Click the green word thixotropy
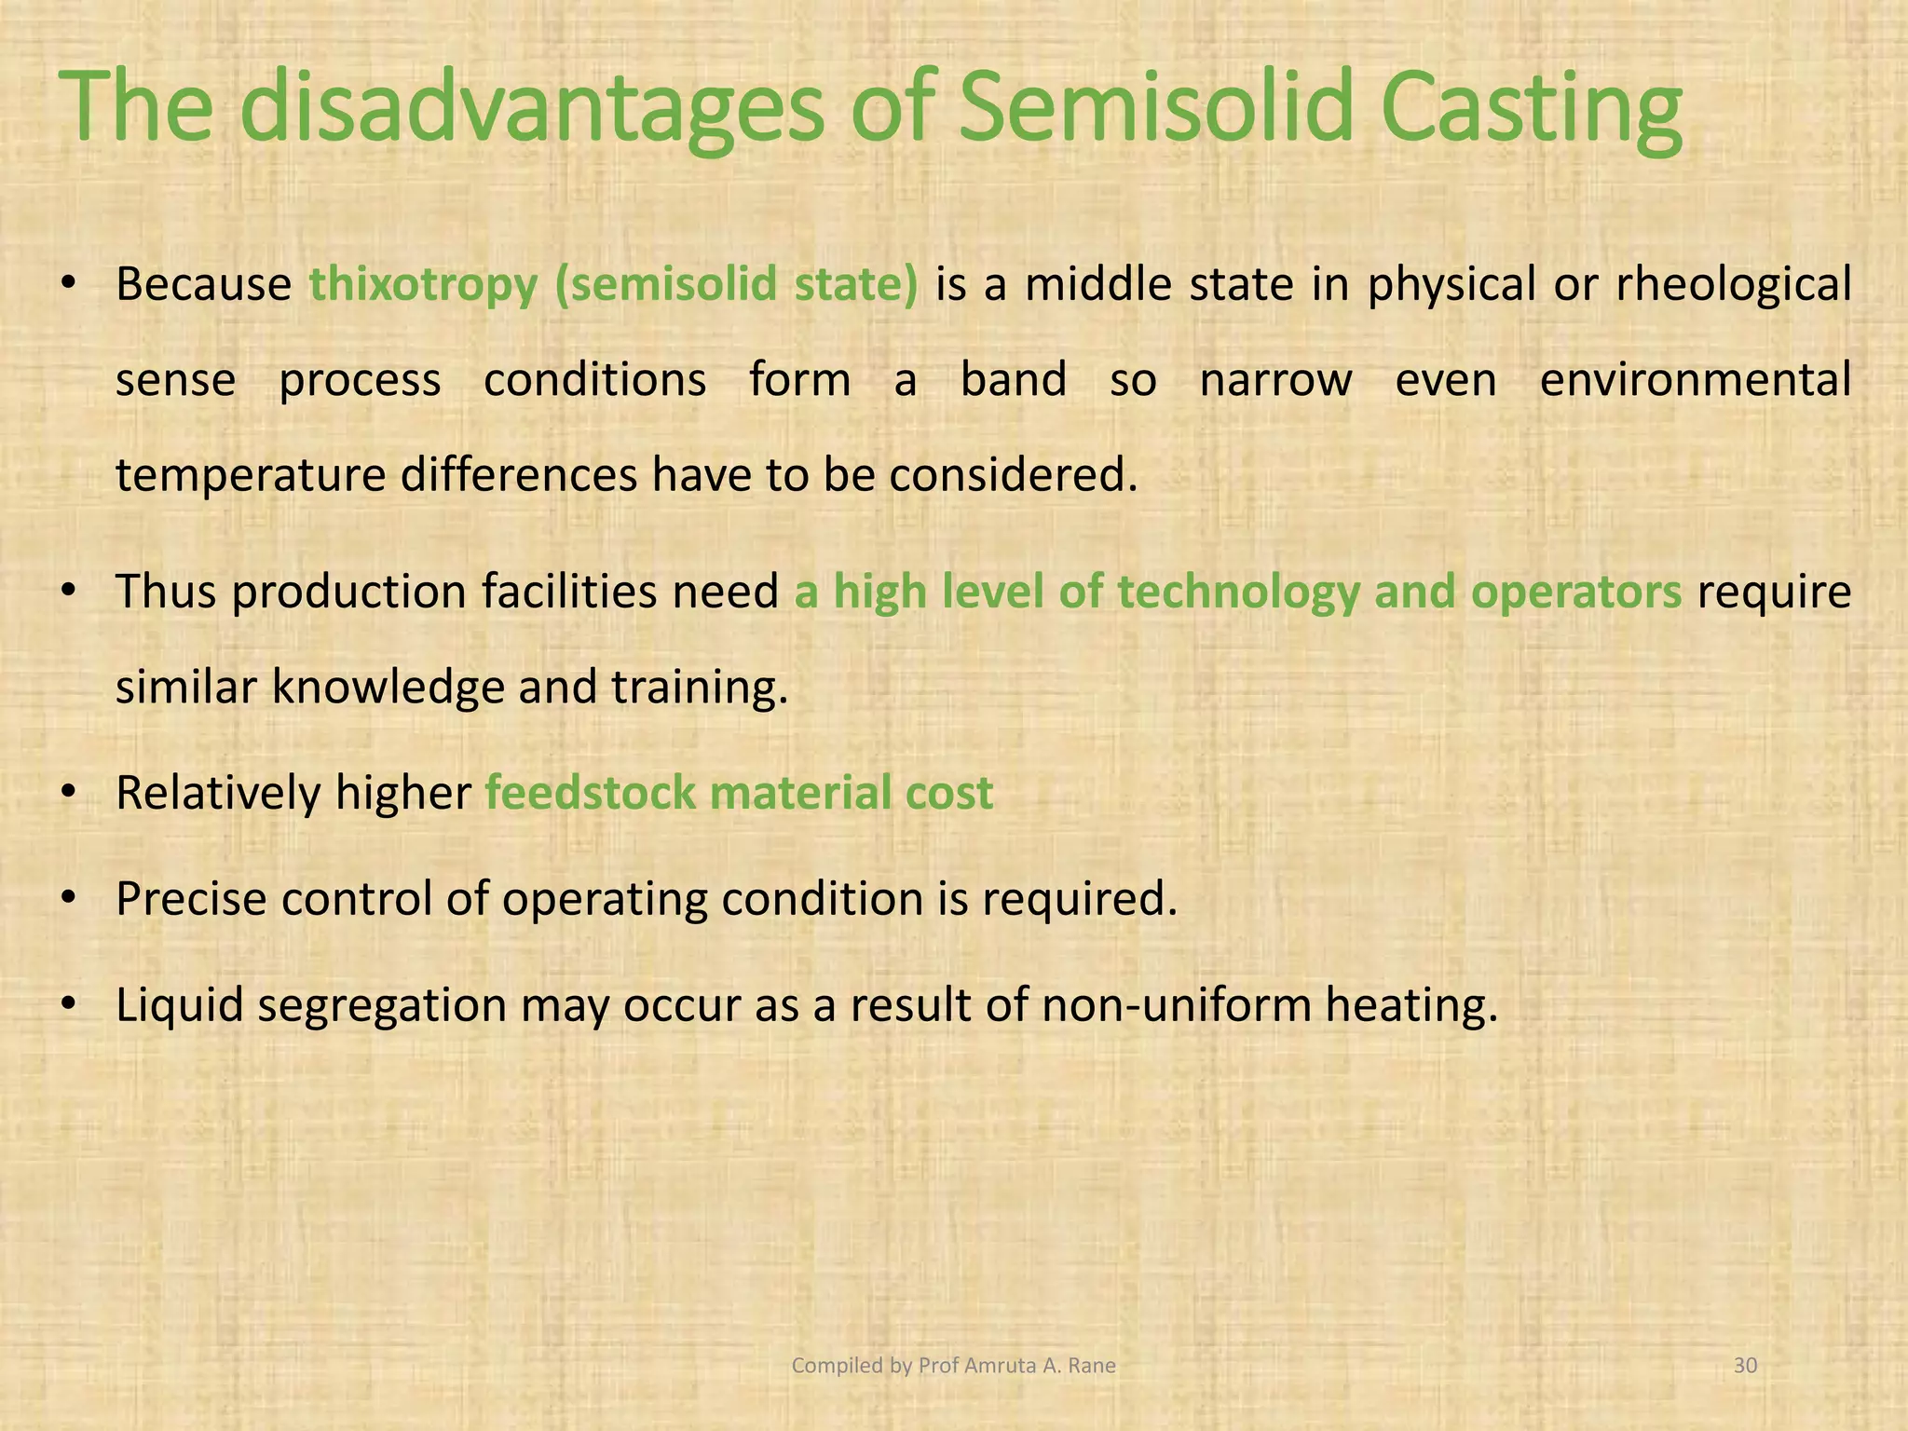(x=423, y=285)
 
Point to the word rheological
(x=1733, y=285)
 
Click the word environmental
(x=1695, y=380)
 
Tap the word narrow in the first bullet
(x=1274, y=380)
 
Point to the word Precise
(x=191, y=899)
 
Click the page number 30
(x=1745, y=1366)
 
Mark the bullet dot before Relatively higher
(x=68, y=794)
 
